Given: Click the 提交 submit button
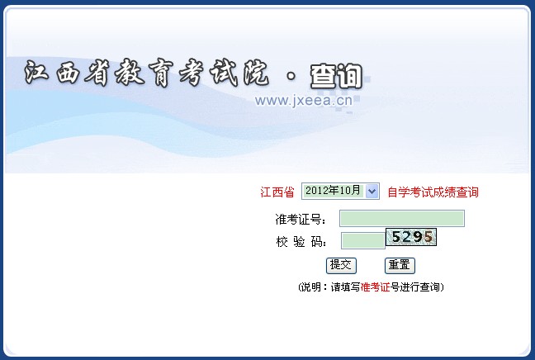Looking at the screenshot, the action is [341, 266].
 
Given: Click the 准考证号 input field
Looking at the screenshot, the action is [402, 218].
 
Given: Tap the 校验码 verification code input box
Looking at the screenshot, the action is [363, 240].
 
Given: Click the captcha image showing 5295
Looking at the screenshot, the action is [411, 237].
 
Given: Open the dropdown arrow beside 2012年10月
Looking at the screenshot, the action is [372, 191].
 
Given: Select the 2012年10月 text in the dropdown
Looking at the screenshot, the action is [333, 191].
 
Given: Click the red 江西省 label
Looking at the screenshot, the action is [277, 192].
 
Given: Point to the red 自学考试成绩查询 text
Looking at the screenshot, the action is [433, 192].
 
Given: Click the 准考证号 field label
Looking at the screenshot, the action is [301, 220].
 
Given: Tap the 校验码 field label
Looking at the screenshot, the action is [301, 242].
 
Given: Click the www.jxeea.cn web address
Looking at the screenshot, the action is [303, 101].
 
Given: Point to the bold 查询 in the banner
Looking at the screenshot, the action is [336, 76].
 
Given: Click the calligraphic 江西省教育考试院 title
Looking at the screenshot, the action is [146, 73].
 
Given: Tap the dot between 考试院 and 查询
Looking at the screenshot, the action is [291, 76].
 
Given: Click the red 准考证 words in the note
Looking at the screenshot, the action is [375, 287].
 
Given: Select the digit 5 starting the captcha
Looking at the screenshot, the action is [395, 237].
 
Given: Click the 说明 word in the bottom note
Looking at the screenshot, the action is [310, 287].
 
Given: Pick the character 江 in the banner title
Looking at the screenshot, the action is [36, 72].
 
